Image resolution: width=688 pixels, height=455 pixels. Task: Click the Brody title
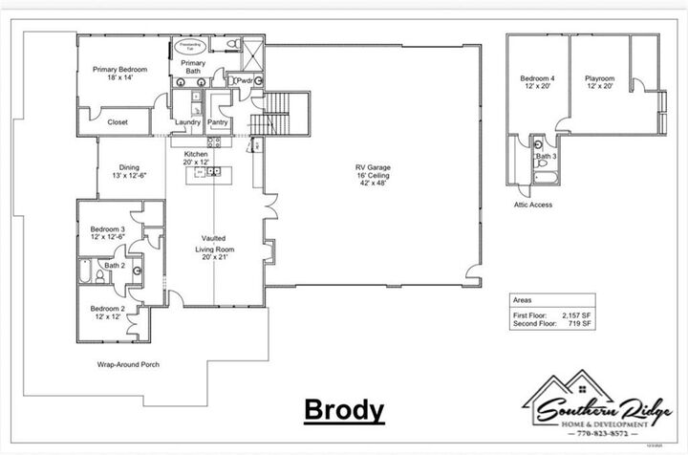click(x=344, y=410)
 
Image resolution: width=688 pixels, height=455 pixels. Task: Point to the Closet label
click(x=118, y=122)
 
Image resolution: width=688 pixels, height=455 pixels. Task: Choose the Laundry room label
click(x=186, y=122)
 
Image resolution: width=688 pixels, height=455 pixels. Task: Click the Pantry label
click(x=218, y=122)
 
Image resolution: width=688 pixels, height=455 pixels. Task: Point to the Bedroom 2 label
click(x=107, y=313)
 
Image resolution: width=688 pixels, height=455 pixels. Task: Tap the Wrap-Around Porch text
click(x=127, y=365)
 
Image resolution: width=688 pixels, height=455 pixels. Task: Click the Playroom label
click(x=600, y=82)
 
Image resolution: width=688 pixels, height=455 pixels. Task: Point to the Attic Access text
click(x=532, y=205)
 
